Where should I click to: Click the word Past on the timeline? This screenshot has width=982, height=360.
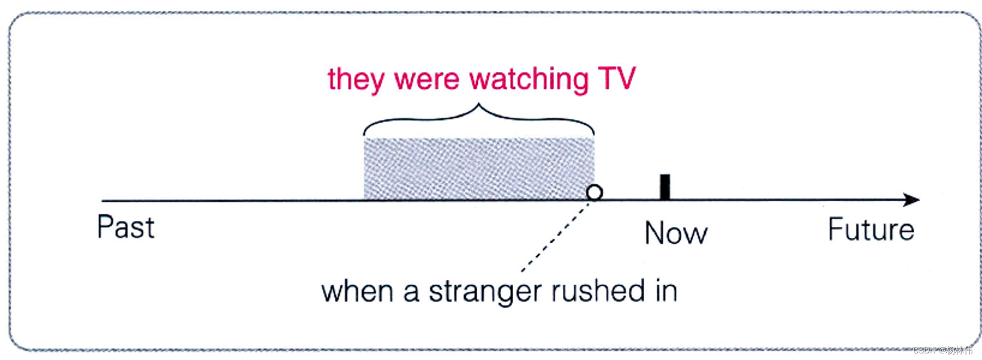pos(126,228)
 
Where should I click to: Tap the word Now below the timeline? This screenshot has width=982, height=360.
pos(676,233)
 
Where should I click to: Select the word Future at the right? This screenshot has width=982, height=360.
pos(871,229)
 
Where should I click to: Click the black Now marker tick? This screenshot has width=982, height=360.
pos(665,187)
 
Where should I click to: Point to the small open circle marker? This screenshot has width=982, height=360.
pos(595,192)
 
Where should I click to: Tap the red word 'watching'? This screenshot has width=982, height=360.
pos(529,80)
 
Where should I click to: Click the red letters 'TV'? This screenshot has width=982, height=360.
pos(617,78)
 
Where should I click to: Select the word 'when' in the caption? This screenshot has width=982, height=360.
pos(357,292)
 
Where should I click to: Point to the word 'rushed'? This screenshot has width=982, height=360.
pos(590,291)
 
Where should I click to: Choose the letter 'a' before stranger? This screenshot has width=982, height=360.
pos(411,293)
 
